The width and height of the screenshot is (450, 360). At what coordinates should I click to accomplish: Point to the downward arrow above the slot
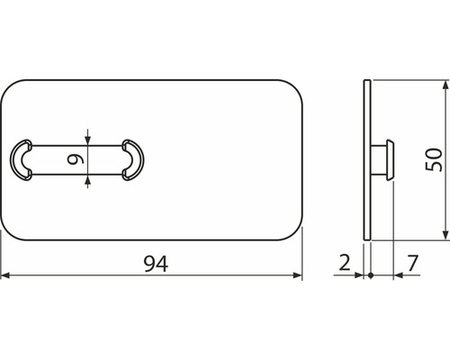point(87,139)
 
